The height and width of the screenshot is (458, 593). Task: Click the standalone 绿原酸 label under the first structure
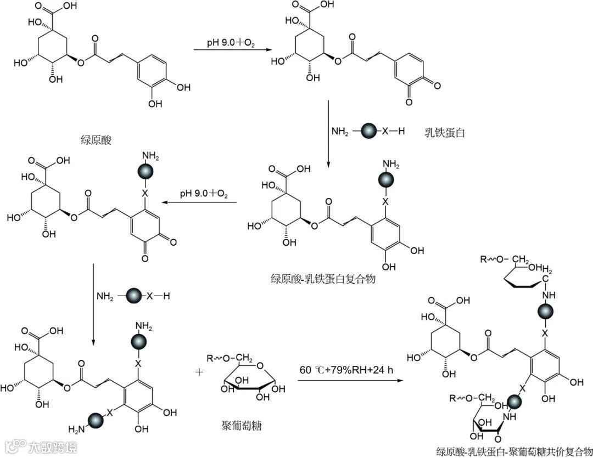pyautogui.click(x=96, y=139)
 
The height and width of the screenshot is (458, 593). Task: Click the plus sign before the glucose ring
pyautogui.click(x=198, y=372)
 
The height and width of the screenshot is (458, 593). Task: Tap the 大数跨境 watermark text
pyautogui.click(x=53, y=447)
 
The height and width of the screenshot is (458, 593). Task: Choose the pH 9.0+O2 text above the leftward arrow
pyautogui.click(x=203, y=194)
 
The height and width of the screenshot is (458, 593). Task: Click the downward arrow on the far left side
pyautogui.click(x=93, y=304)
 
